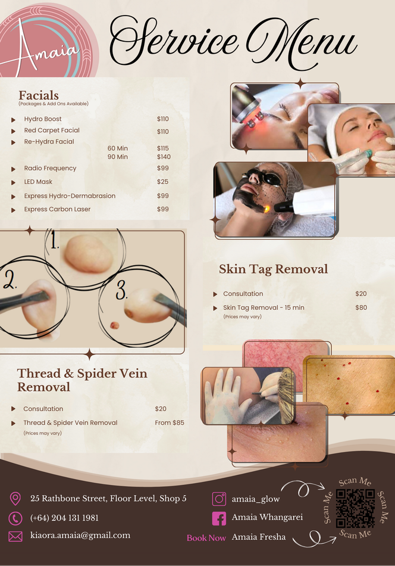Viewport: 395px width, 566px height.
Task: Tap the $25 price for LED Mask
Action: coord(162,182)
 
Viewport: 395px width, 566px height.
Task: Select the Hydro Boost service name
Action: coord(43,119)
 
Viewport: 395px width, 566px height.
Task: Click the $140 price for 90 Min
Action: coord(164,157)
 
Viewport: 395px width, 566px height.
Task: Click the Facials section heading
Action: coord(39,95)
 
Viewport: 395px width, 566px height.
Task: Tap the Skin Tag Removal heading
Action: coord(273,269)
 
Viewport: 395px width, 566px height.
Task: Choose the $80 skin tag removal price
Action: coord(361,307)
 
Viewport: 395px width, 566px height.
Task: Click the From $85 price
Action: coord(170,422)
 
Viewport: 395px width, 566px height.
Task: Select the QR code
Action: coord(355,509)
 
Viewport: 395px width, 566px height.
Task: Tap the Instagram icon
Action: coord(219,499)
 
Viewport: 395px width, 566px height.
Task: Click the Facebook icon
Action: coord(219,518)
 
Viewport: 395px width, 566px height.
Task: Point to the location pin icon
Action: coord(15,499)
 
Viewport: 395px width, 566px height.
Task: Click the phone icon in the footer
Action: coord(15,518)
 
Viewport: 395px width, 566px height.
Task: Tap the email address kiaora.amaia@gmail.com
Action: coord(80,535)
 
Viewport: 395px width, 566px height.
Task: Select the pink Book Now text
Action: coord(206,537)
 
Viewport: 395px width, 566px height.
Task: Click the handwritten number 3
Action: coord(121,291)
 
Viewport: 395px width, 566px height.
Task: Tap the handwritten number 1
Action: coord(55,241)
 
